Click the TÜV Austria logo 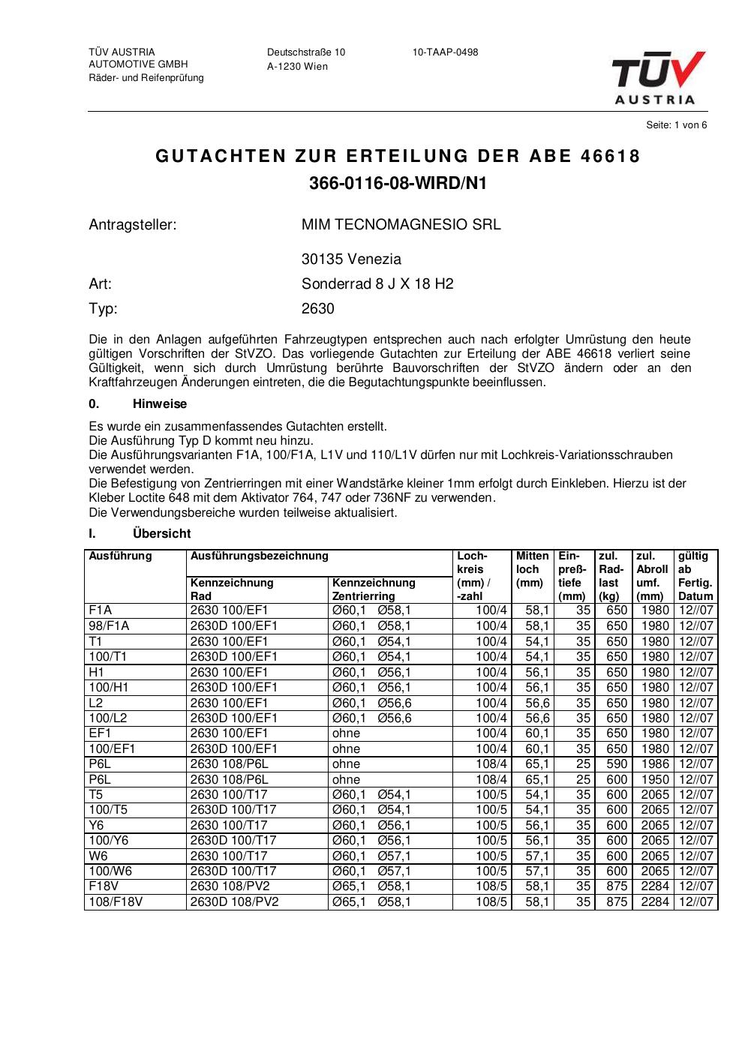point(658,77)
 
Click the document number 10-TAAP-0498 point(445,52)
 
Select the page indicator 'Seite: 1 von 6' point(676,125)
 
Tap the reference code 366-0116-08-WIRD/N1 point(398,183)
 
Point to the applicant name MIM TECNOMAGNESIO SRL point(401,224)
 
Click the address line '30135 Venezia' point(351,259)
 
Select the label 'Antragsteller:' point(132,224)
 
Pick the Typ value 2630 point(317,309)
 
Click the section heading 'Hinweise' point(160,404)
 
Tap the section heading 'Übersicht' point(161,534)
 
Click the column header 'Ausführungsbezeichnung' point(260,556)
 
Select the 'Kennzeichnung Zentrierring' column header point(374,589)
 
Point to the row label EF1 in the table point(100,733)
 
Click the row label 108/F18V point(116,902)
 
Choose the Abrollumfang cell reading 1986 point(655,764)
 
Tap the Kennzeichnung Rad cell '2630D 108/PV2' point(234,902)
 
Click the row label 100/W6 point(109,871)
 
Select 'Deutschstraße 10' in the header point(306,52)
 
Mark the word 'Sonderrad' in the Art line point(331,284)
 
